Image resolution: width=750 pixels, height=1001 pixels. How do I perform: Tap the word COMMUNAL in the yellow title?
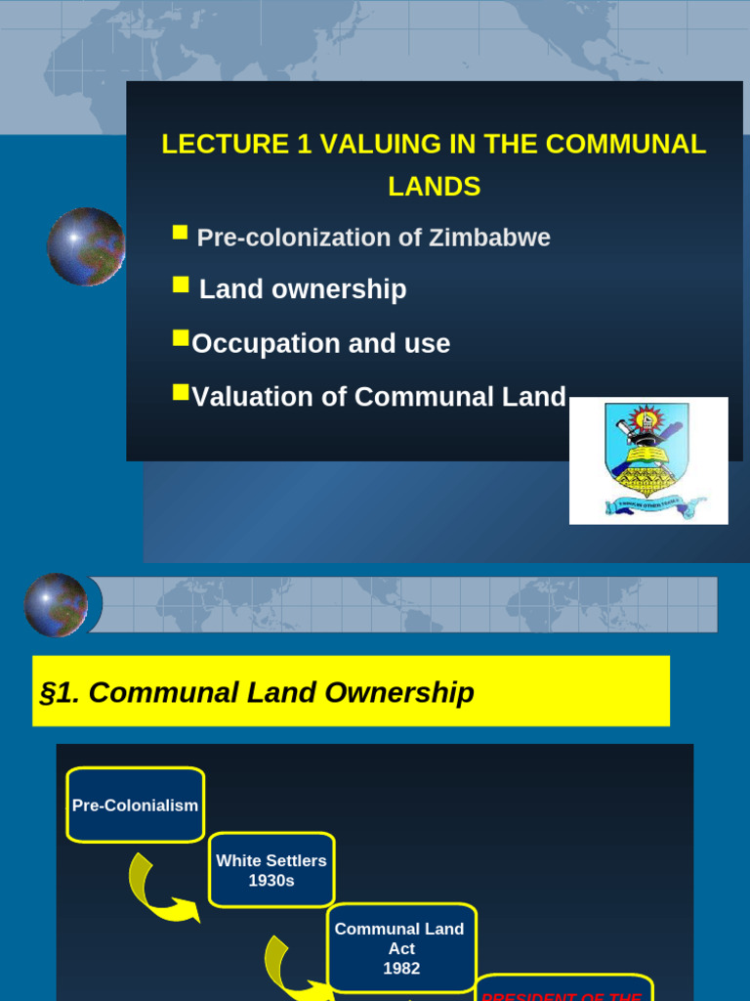click(626, 145)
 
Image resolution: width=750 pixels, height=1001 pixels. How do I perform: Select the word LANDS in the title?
click(435, 187)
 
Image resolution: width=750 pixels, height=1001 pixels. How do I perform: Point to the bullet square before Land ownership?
click(180, 284)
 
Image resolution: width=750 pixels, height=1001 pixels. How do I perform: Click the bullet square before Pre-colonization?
click(180, 233)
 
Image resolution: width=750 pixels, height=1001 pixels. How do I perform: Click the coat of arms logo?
click(648, 459)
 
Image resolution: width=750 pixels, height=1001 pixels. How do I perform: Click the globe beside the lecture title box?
click(86, 246)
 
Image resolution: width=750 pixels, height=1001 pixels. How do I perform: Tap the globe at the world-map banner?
click(56, 604)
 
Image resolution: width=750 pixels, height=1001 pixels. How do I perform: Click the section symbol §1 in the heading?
click(60, 693)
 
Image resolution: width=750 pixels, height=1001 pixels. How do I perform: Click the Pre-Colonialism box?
click(136, 805)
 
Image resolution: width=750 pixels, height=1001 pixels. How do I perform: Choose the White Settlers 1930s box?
click(271, 870)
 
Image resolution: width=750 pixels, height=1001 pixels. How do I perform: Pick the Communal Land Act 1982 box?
click(400, 948)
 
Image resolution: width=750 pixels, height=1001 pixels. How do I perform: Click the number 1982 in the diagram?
click(401, 969)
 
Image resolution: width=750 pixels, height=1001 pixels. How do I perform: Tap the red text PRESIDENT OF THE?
click(562, 995)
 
